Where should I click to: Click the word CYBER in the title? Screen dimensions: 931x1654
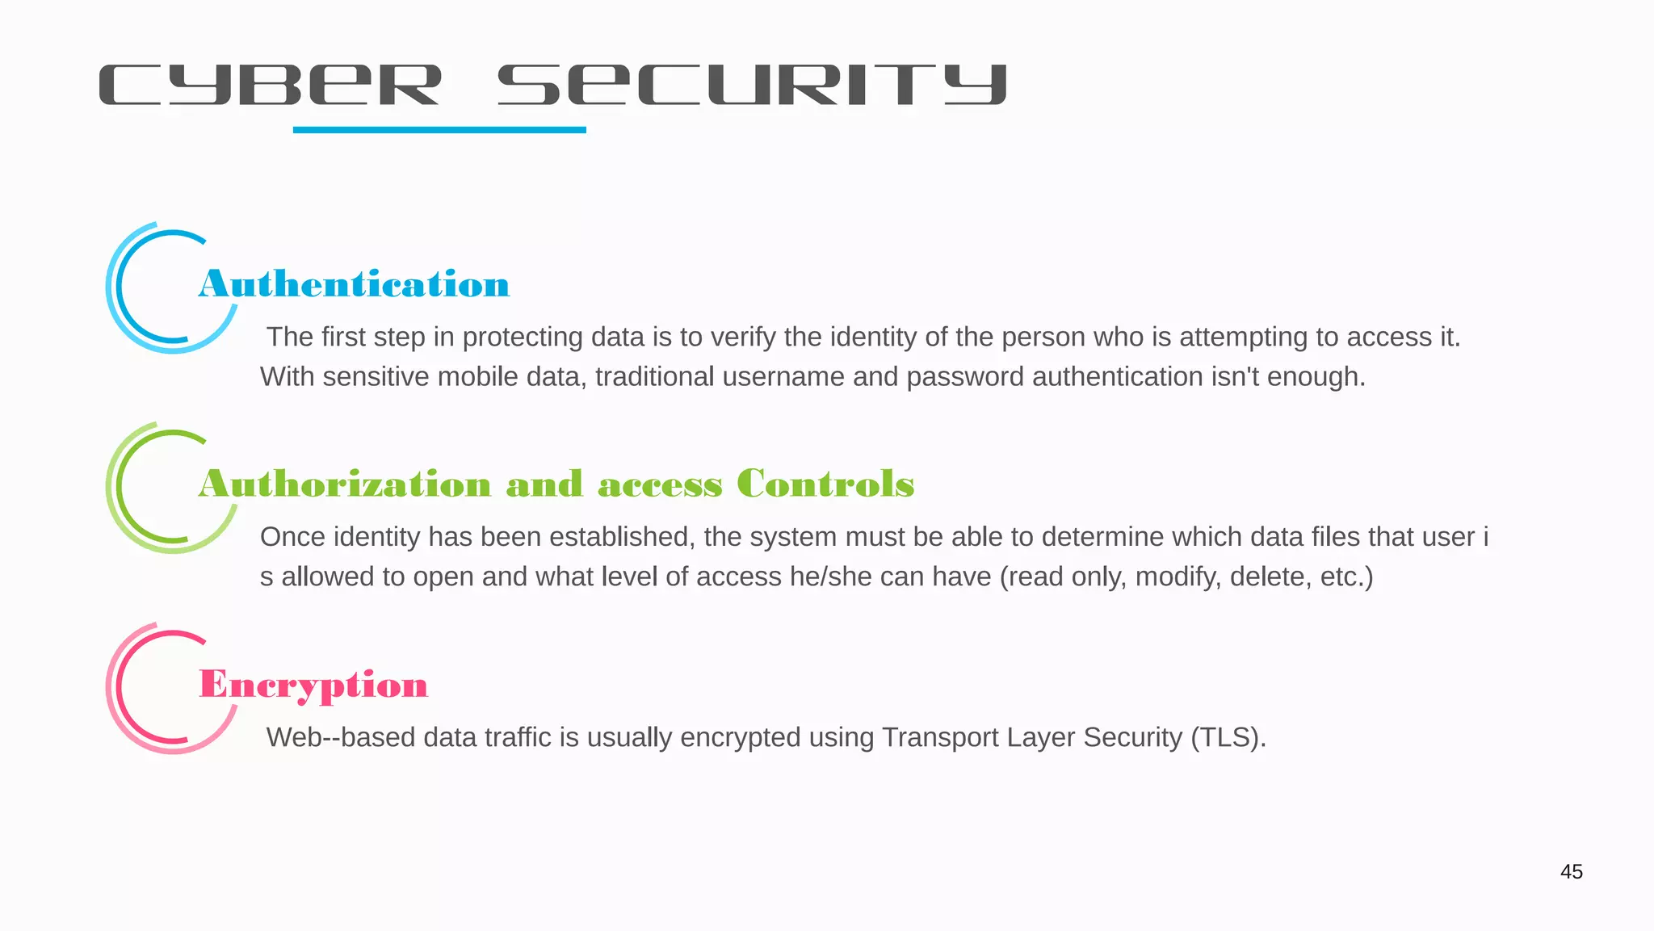click(x=270, y=85)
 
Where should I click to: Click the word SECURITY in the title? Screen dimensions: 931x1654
click(x=752, y=85)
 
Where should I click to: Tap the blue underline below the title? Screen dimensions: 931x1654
click(x=439, y=129)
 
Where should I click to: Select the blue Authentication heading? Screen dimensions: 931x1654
click(x=354, y=284)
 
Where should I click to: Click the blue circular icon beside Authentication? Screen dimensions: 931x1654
click(x=153, y=288)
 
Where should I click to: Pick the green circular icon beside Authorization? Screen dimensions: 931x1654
click(x=153, y=489)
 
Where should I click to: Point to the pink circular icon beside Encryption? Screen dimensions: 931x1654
click(x=153, y=689)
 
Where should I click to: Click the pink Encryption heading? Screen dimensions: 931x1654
click(x=313, y=685)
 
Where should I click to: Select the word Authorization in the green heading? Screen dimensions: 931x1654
click(x=345, y=484)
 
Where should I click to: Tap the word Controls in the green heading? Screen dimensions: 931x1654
click(x=825, y=484)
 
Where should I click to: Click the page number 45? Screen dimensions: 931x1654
click(x=1571, y=871)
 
